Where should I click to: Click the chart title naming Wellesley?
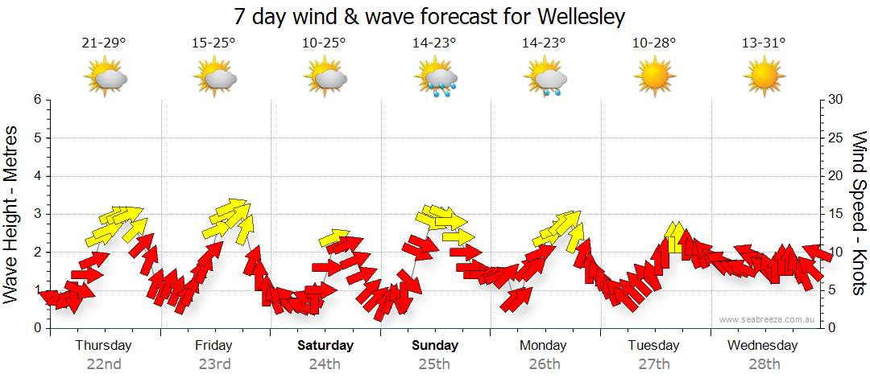[429, 16]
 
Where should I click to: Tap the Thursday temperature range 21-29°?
[103, 43]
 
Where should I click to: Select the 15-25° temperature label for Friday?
[213, 43]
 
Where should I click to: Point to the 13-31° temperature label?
[763, 43]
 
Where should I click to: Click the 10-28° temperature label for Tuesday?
[653, 43]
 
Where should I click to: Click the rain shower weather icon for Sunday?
[436, 78]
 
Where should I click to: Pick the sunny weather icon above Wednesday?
[763, 78]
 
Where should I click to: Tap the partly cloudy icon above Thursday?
[105, 78]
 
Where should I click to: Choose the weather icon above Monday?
[545, 78]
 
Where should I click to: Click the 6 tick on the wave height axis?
[37, 100]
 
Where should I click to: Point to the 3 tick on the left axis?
[37, 214]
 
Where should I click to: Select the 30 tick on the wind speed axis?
[836, 100]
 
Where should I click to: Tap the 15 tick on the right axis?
[836, 214]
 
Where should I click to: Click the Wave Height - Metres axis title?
[12, 214]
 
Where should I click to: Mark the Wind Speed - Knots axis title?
[858, 214]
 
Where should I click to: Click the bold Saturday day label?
[325, 346]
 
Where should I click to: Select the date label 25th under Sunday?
[434, 364]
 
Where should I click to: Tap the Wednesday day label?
[762, 346]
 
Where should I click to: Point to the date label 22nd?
[103, 364]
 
